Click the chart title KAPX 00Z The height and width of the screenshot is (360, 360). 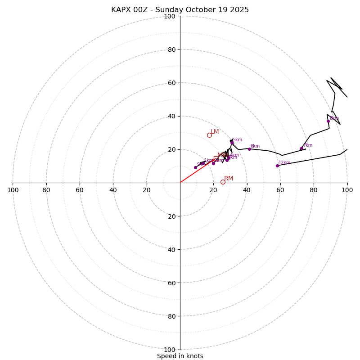click(x=180, y=10)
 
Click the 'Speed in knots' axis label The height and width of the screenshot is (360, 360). click(x=180, y=356)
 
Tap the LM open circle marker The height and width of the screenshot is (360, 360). click(x=209, y=135)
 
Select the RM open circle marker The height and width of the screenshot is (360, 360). click(x=223, y=182)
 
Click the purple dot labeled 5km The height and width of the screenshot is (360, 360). click(x=232, y=143)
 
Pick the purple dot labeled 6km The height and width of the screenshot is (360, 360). click(x=249, y=149)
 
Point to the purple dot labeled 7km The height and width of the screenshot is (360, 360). click(x=301, y=148)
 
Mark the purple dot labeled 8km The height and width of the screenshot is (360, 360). click(x=328, y=121)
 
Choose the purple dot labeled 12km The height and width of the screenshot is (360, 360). click(x=277, y=166)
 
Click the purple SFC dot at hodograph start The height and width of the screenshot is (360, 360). click(x=195, y=167)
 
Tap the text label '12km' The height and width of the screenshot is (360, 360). click(x=284, y=163)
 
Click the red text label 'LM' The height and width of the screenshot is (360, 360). click(x=215, y=132)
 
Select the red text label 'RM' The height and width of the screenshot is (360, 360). click(x=229, y=179)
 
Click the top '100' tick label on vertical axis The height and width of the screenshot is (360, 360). click(x=170, y=16)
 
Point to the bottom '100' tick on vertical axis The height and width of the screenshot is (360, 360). click(x=170, y=350)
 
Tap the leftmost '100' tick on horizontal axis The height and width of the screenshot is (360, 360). click(x=13, y=190)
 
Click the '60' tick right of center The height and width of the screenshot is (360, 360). click(x=280, y=190)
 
